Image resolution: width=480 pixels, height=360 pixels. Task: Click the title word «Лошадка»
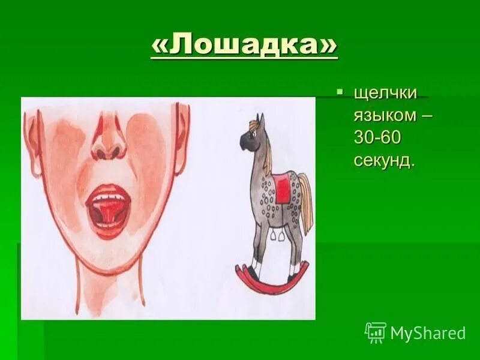click(x=244, y=46)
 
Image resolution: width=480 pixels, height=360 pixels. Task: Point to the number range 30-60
click(x=377, y=139)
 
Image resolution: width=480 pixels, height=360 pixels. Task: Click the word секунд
click(x=384, y=160)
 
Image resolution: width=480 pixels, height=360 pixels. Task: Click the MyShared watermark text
click(x=428, y=333)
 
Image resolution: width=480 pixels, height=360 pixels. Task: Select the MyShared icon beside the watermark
click(x=375, y=332)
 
